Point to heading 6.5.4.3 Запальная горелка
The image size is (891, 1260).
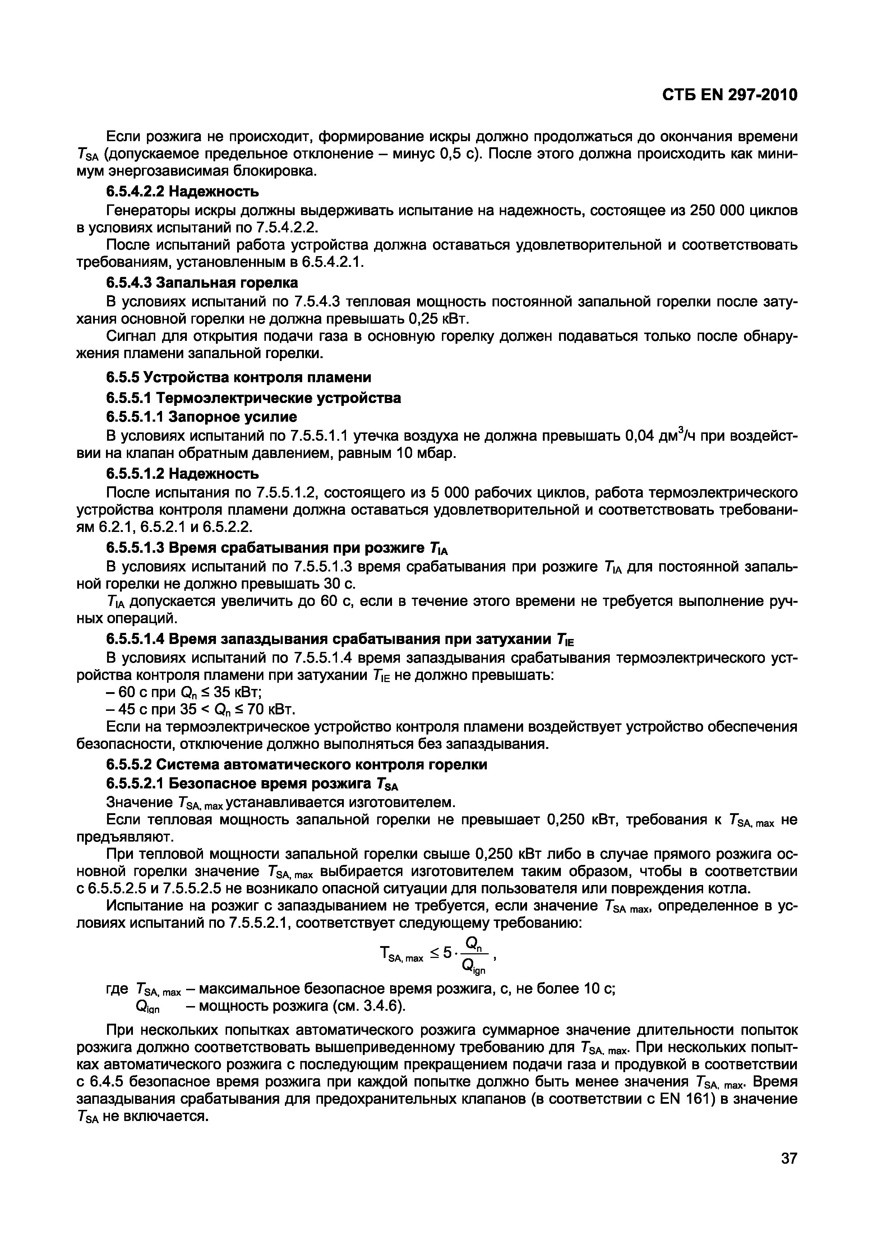click(x=202, y=283)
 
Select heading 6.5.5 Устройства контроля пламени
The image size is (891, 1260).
click(x=238, y=377)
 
